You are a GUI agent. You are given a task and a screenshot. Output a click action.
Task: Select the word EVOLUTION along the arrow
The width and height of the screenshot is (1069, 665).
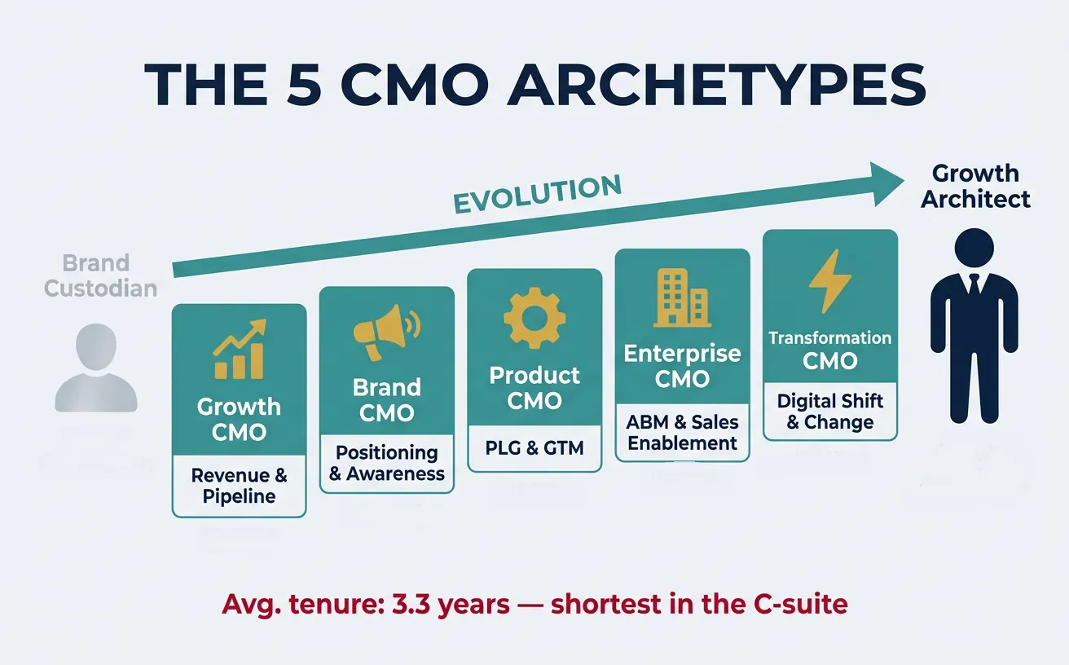click(537, 194)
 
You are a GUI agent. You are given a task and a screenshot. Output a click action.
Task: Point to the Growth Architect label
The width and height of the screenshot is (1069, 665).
click(975, 186)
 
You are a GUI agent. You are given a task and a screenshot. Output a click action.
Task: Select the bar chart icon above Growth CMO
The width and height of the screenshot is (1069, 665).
click(239, 350)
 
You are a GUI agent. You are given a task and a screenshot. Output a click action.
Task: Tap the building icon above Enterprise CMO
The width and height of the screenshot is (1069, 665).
click(682, 297)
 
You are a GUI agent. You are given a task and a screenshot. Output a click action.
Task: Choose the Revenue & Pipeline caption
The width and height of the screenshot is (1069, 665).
click(239, 486)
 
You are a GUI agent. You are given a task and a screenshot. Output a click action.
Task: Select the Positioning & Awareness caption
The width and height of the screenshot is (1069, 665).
click(387, 463)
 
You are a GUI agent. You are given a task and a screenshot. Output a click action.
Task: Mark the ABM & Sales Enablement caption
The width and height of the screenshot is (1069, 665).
click(682, 433)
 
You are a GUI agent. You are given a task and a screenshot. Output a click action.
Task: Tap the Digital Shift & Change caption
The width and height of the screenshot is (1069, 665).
click(829, 412)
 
